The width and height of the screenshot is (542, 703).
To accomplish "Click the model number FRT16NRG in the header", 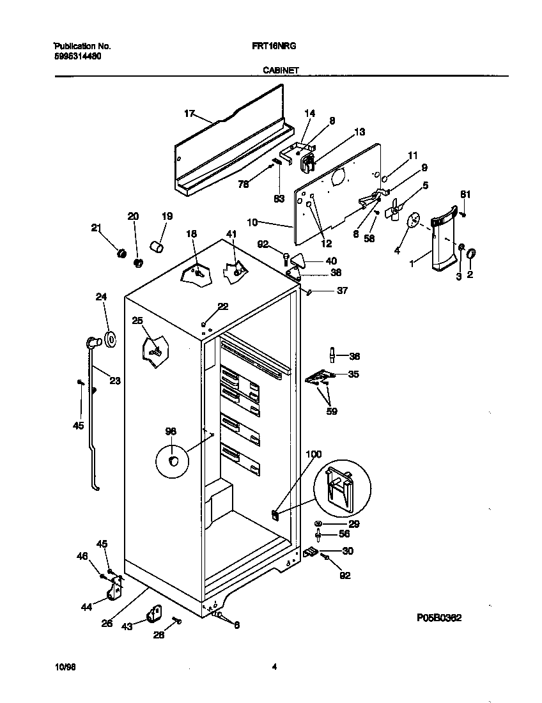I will point(279,47).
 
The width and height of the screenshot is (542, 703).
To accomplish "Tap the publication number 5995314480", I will point(76,56).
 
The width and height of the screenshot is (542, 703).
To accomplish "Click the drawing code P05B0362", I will point(439,618).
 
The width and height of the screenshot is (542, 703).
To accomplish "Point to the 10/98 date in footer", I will point(65,667).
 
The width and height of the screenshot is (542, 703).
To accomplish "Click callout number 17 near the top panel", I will point(189,113).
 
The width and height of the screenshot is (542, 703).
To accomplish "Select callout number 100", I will point(313,454).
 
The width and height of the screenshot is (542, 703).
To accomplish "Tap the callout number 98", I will point(170,431).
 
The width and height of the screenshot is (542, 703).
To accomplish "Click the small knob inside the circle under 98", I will point(173,461).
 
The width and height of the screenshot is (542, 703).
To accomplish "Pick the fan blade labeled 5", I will point(398,208).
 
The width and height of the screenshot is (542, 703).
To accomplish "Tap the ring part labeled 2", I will point(472,255).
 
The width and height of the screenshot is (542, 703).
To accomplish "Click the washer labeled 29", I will point(318,524).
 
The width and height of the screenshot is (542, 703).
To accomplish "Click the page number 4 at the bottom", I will point(274,667).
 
